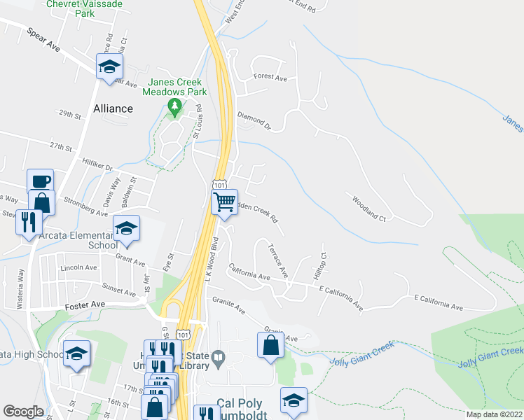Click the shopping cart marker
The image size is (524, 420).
[x=224, y=202]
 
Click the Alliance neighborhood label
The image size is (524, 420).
[x=113, y=108]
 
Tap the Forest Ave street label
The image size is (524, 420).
[x=270, y=77]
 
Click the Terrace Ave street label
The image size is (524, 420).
[x=278, y=259]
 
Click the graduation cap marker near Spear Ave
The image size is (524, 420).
[x=109, y=66]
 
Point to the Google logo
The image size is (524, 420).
[x=23, y=412]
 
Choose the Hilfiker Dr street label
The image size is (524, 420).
[x=97, y=168]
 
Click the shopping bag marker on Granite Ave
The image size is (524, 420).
[x=270, y=345]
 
